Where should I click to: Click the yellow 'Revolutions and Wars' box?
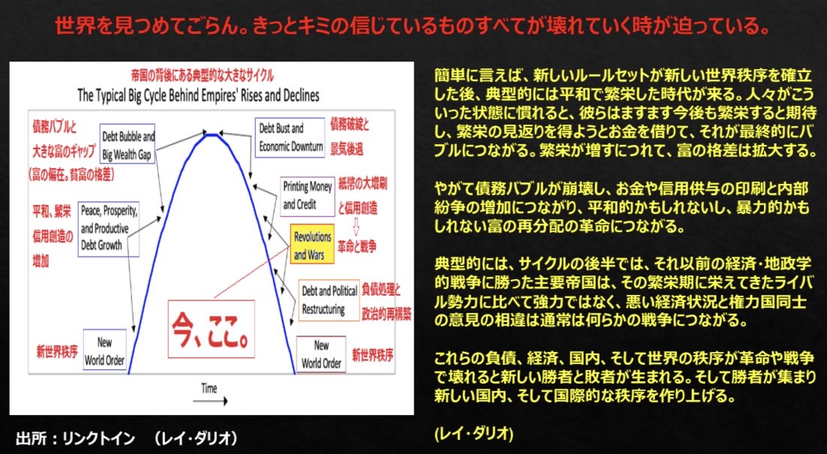(311, 246)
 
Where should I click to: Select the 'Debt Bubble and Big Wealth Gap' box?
(126, 143)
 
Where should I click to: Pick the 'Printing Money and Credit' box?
(306, 194)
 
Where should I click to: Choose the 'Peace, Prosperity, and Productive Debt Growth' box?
(110, 231)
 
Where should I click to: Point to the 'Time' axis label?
(209, 388)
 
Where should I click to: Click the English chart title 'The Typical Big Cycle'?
(198, 96)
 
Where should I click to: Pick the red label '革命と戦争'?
(356, 245)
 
